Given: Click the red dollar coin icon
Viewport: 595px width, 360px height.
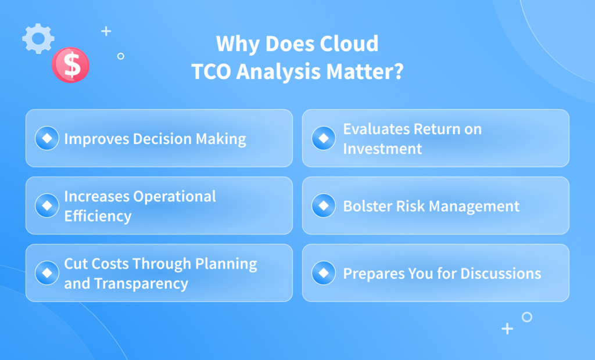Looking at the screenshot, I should [70, 64].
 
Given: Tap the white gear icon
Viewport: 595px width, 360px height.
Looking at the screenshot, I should [38, 39].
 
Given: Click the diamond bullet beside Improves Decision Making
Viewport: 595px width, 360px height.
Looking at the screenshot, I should [47, 138].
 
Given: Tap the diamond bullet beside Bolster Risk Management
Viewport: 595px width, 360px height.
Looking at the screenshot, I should [324, 206].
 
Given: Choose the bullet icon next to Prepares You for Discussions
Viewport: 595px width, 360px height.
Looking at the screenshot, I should [324, 273].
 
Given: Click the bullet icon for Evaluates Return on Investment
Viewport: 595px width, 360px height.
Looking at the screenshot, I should [324, 138].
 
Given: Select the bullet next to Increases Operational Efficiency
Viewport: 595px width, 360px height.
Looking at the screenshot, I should [47, 206].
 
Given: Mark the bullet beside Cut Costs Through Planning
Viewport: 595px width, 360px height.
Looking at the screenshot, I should [47, 273].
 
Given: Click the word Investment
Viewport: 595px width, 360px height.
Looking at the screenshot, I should [382, 149].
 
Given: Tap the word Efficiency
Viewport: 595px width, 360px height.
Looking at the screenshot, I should [98, 216].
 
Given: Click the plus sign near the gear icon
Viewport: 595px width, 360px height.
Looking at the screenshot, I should [106, 31].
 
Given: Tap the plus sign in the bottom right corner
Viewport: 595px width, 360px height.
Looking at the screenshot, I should [507, 329].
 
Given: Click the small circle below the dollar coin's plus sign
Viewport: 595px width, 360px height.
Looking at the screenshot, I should [120, 56].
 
